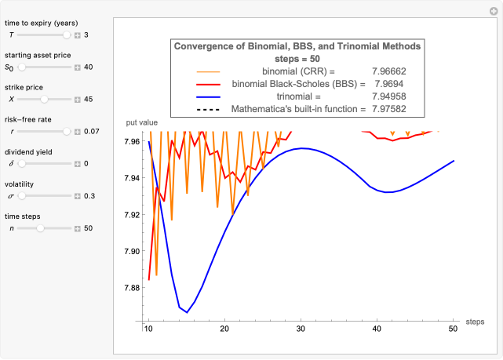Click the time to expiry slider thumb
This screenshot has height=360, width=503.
67,35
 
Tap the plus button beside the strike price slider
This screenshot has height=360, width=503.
77,99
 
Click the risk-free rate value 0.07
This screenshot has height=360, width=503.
91,131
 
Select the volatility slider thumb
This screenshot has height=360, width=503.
22,195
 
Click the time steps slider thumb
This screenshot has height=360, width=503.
39,227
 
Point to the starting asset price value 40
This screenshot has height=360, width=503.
88,67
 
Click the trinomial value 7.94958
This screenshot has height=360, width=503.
388,96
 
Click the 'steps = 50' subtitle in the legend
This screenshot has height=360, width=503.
297,58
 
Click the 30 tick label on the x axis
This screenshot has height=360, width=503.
301,328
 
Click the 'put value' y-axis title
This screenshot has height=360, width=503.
143,122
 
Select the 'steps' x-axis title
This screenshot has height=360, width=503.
475,322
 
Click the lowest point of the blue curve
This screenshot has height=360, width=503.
187,312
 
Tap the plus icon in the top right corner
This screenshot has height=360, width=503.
494,9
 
